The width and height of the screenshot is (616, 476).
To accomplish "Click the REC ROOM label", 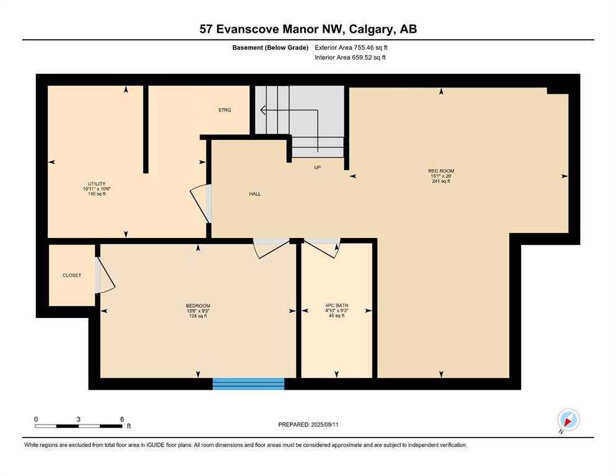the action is tap(441, 171).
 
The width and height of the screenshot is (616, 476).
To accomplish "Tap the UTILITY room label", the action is tap(97, 183).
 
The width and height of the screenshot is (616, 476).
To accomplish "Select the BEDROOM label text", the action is tap(198, 306).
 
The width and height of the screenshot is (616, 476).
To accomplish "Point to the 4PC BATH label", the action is tap(337, 306).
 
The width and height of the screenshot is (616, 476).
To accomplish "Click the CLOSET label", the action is tap(72, 275).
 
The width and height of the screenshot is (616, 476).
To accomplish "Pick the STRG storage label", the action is tap(225, 110).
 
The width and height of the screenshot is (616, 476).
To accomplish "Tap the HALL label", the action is tap(255, 194).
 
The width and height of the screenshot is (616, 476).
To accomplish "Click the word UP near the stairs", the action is tap(318, 167).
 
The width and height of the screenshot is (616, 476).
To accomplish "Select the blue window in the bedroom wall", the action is tap(248, 384).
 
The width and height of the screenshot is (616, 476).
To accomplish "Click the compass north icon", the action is tap(568, 420).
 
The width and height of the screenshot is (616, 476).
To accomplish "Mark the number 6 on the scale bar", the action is tap(122, 420).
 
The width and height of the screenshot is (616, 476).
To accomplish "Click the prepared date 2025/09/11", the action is tap(324, 425).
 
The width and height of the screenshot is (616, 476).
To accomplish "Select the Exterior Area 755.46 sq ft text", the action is tap(351, 48).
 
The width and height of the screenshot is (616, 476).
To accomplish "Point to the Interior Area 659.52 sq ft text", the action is tap(350, 58).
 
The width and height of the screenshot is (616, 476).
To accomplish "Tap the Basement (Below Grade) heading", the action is tap(270, 48).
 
